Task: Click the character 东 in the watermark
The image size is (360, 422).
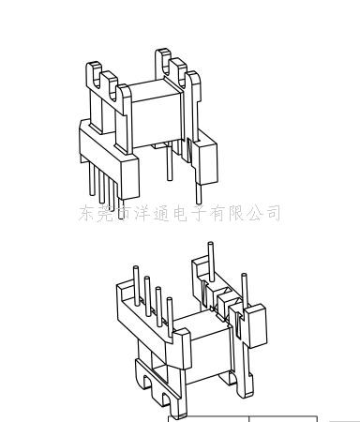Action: click(x=88, y=212)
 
